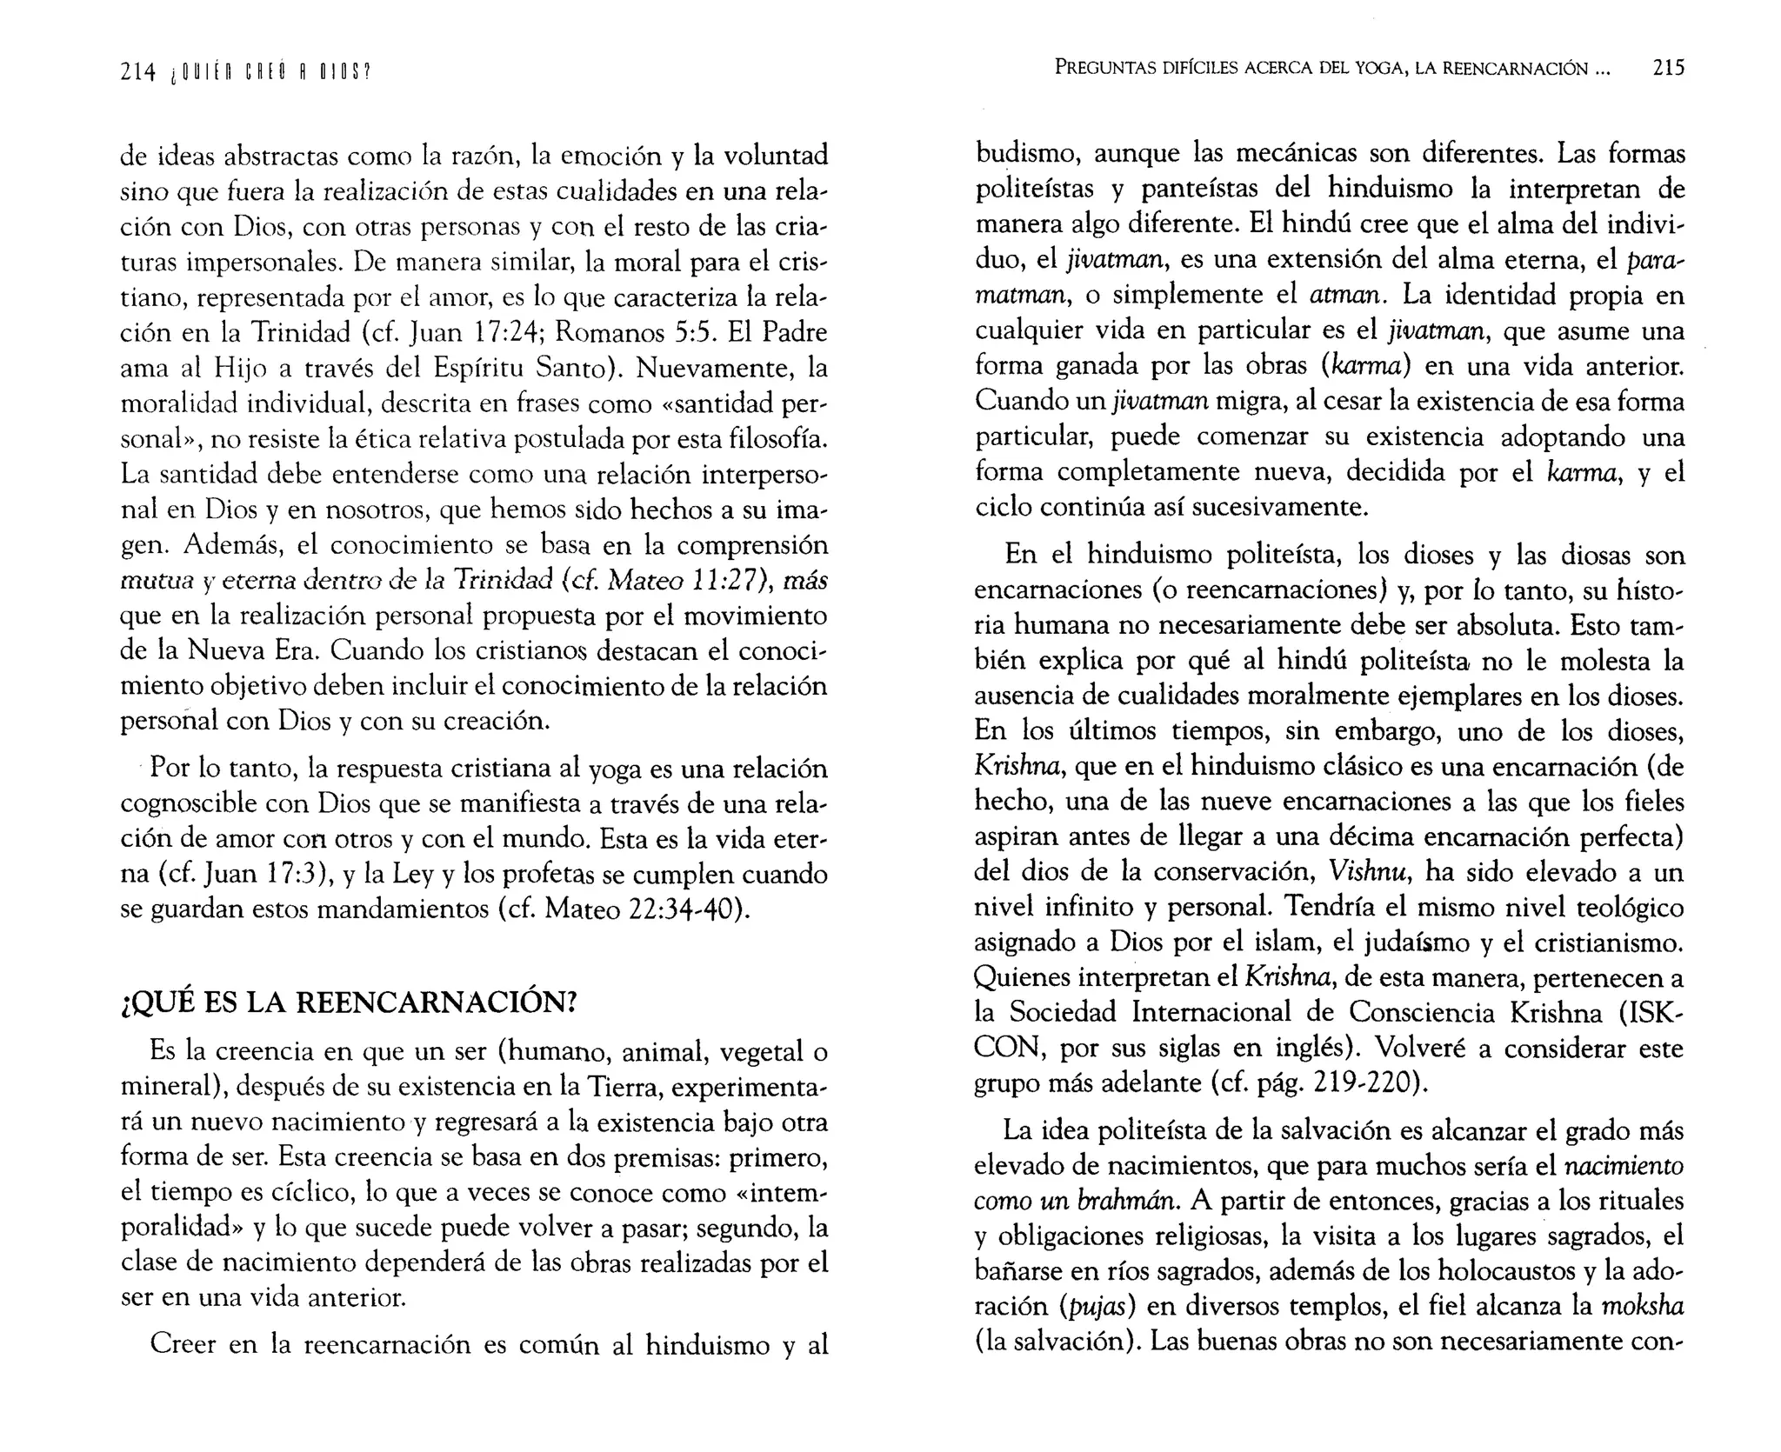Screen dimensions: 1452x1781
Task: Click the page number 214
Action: coord(137,73)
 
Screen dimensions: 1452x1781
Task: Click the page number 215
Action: coord(1668,67)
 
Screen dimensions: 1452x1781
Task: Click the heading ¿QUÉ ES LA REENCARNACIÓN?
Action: coord(348,1002)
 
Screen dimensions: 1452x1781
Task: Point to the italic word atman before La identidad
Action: coord(1345,296)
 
